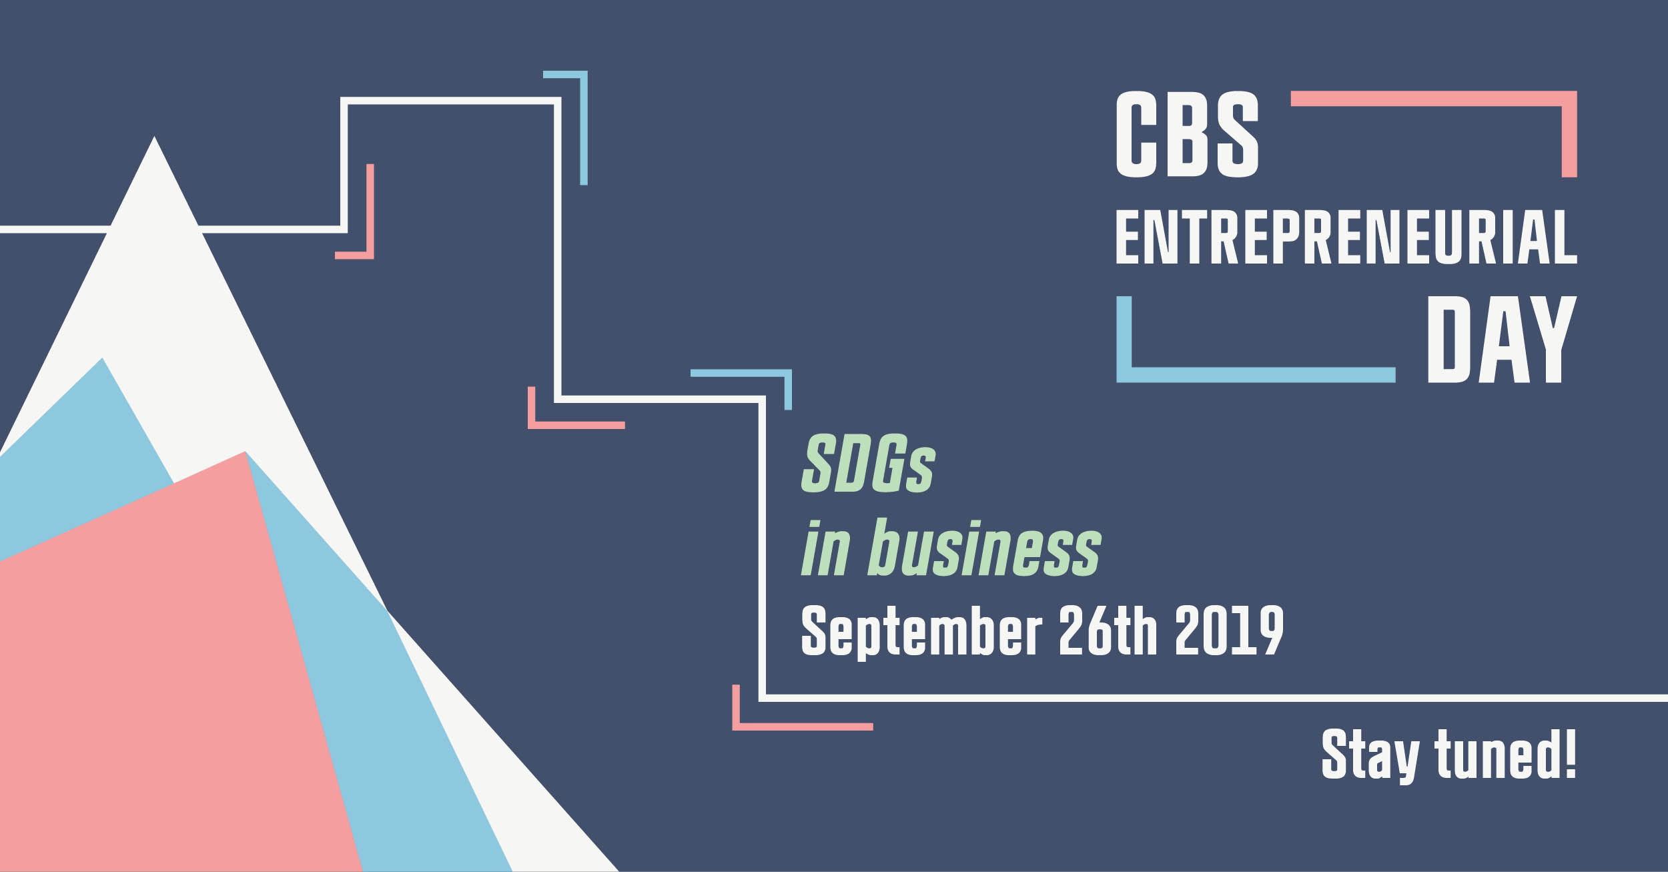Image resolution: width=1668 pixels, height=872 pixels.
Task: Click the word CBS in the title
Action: coord(1187,135)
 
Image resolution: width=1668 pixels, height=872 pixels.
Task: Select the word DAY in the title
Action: coord(1501,339)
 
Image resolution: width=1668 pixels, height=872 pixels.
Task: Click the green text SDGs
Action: coord(867,463)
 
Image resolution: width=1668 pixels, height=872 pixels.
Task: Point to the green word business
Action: coord(985,547)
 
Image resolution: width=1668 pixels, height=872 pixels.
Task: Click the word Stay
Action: coord(1370,756)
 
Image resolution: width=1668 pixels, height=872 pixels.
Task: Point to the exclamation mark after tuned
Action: coord(1571,753)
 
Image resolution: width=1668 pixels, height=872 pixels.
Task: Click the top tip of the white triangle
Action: coord(154,137)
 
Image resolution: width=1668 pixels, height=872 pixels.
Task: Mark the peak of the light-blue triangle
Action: coord(102,358)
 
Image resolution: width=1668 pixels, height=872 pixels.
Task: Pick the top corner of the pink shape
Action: coord(246,452)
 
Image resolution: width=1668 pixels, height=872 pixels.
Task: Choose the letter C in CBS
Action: coord(1136,135)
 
